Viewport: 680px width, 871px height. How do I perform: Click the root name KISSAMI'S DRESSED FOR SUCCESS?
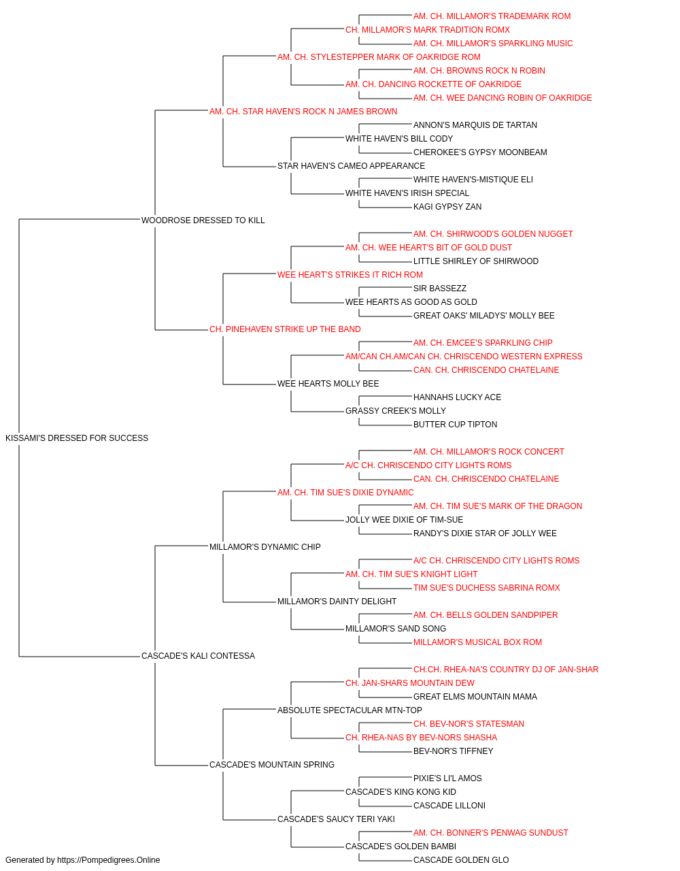tap(77, 438)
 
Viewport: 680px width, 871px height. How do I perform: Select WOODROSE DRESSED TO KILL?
tap(203, 220)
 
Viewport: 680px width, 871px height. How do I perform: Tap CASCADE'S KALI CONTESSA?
tap(199, 656)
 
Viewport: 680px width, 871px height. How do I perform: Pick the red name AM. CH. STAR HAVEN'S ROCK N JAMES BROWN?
tap(303, 112)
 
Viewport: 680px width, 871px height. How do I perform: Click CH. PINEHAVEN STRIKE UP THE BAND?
tap(285, 329)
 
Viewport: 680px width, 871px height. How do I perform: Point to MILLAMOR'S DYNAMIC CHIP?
tap(265, 546)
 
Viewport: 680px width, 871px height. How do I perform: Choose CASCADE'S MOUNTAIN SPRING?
tap(271, 764)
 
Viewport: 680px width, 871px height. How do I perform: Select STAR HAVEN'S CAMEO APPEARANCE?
tap(351, 165)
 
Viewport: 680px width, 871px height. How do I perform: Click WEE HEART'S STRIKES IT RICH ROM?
tap(350, 274)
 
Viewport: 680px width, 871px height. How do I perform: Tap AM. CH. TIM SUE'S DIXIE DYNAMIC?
tap(345, 492)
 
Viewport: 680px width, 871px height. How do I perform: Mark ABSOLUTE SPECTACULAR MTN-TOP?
tap(350, 710)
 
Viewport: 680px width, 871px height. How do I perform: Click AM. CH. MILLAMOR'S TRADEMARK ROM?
tap(492, 16)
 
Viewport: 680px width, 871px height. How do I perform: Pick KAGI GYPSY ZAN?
tap(447, 206)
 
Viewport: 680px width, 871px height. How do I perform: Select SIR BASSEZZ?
tap(440, 289)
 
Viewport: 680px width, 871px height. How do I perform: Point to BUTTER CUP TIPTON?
tap(455, 424)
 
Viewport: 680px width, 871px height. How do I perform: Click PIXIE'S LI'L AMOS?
tap(447, 778)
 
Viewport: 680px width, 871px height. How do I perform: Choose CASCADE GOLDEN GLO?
tap(461, 860)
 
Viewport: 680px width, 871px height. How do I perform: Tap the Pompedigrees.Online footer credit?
tap(82, 860)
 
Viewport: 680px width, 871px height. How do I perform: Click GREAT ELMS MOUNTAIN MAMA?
tap(475, 696)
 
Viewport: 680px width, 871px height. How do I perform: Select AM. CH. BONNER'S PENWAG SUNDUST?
tap(490, 832)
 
